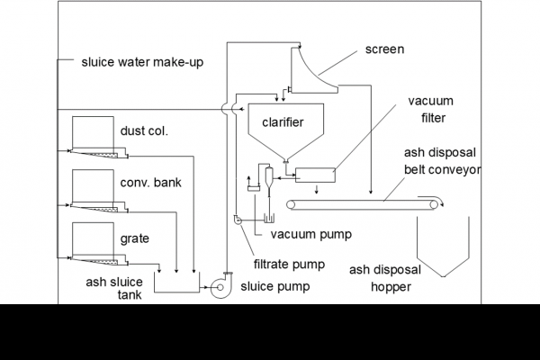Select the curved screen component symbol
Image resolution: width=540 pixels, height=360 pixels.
click(x=310, y=72)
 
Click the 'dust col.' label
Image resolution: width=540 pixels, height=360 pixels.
click(x=144, y=131)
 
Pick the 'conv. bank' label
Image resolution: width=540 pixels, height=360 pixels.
click(x=150, y=183)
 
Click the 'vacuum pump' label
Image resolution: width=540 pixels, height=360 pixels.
click(x=310, y=234)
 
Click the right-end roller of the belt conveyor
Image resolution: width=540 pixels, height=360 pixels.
click(x=436, y=207)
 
